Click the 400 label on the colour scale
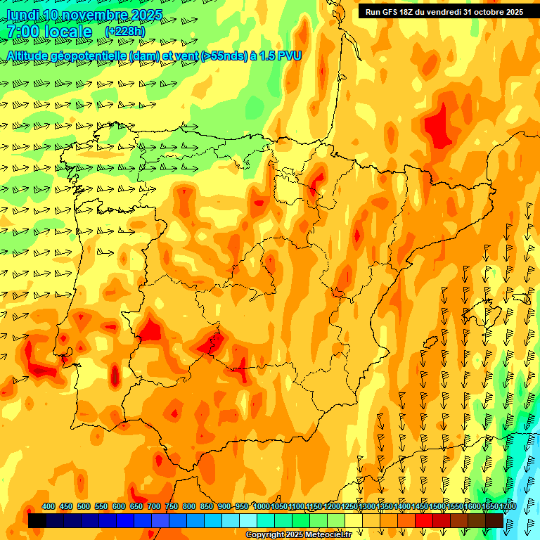click(49, 506)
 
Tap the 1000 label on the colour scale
click(261, 506)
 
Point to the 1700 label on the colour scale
click(508, 506)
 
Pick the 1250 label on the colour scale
click(349, 506)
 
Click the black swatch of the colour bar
click(37, 521)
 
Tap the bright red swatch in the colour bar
click(424, 521)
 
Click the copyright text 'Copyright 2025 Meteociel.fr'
click(298, 535)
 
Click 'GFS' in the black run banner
click(394, 11)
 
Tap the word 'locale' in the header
click(68, 32)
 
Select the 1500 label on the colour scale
click(437, 506)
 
